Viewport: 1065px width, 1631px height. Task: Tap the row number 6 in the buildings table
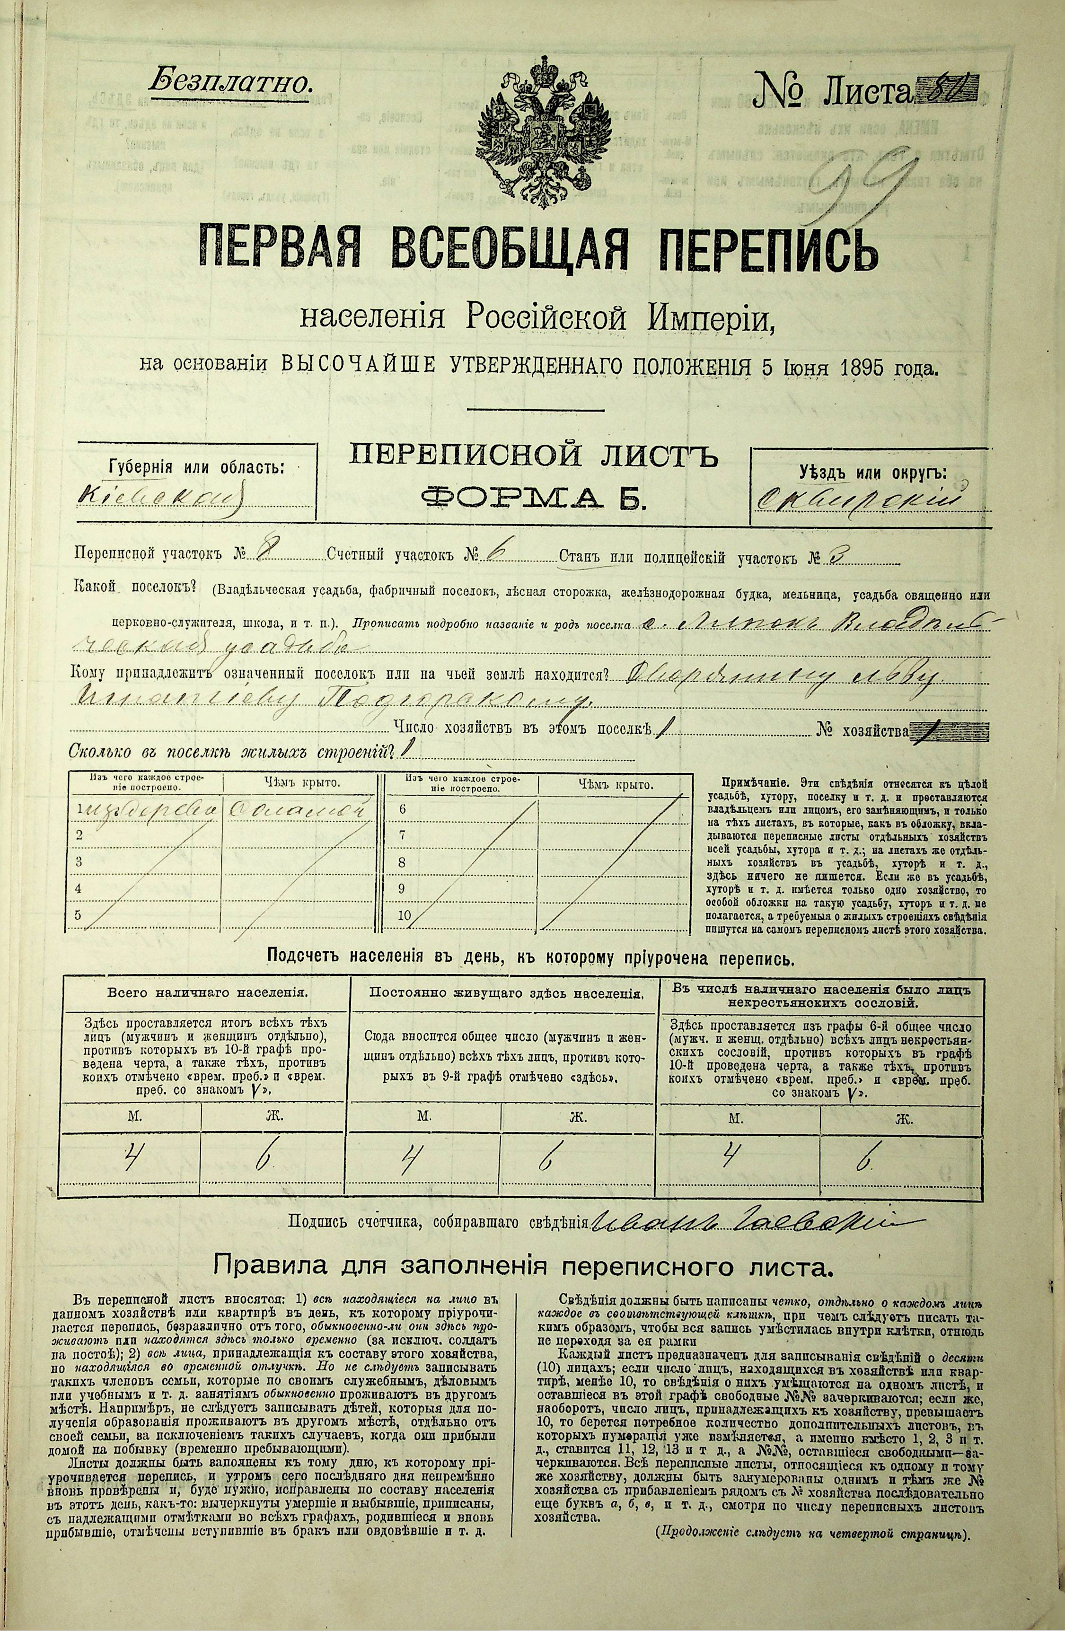(x=402, y=809)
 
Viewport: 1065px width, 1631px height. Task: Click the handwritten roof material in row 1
(x=296, y=809)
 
